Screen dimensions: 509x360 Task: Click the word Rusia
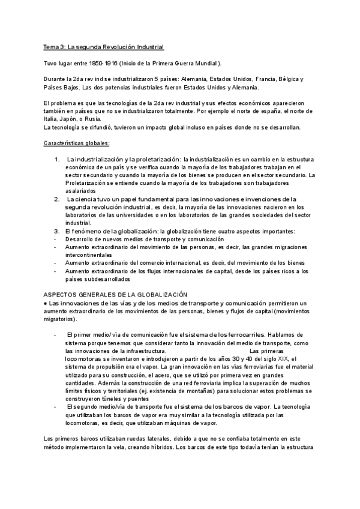[98, 119]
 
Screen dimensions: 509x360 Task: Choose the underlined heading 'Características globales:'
[77, 143]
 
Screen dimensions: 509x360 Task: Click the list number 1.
[56, 159]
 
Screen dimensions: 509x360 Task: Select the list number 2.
[56, 199]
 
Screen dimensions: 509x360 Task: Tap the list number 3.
[56, 230]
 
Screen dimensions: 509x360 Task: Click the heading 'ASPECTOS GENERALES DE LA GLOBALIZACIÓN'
[116, 294]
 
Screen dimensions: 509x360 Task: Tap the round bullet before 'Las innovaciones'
[46, 303]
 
